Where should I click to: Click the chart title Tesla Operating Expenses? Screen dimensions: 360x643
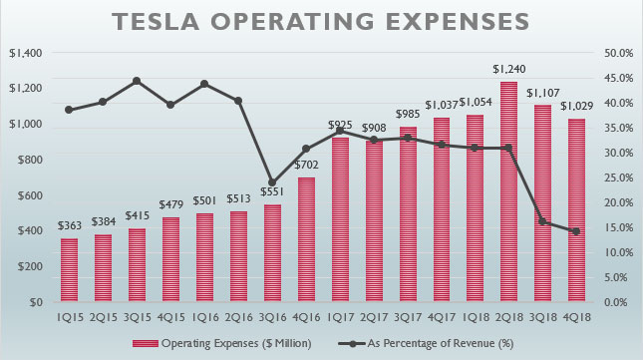[x=321, y=22]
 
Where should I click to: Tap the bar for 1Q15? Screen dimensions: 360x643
[x=69, y=269]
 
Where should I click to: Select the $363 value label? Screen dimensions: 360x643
[x=69, y=227]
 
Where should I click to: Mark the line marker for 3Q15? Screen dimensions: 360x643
[x=137, y=81]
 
